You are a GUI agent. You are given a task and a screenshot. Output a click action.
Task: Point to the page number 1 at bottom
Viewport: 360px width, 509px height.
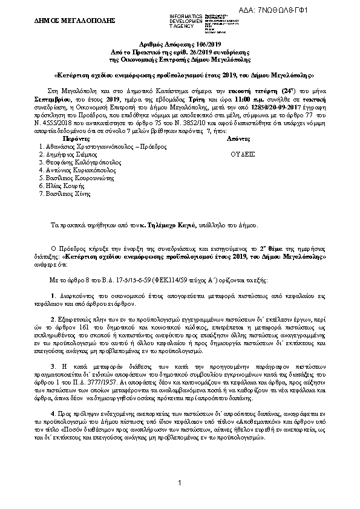(180, 482)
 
